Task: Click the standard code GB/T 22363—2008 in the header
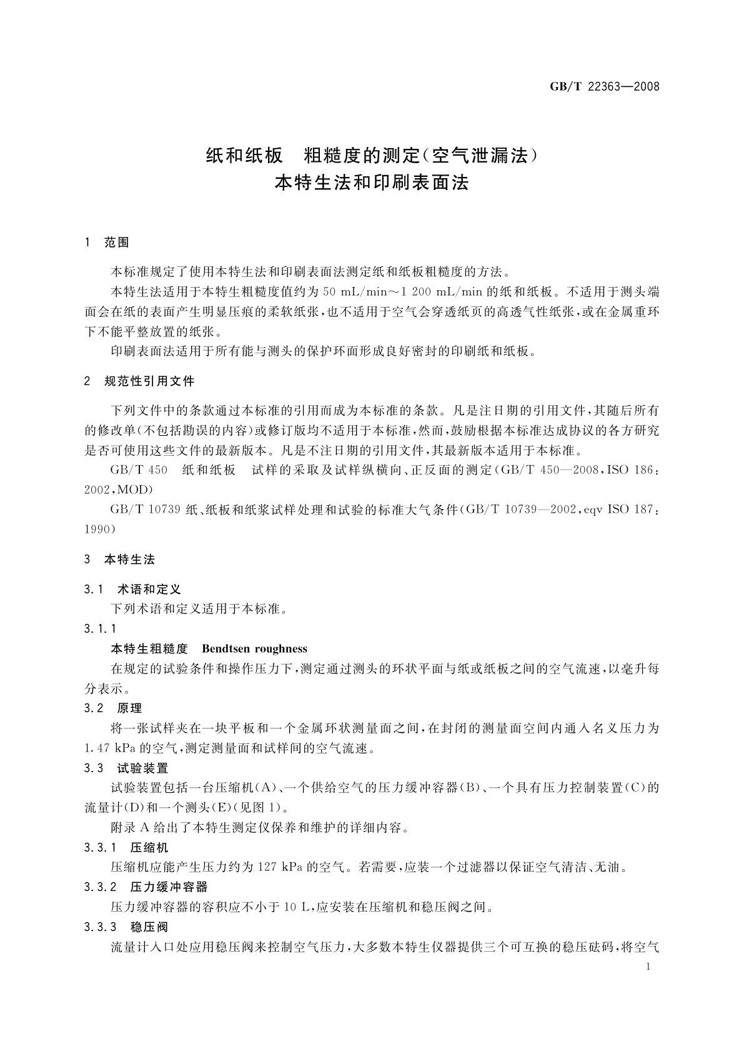[604, 86]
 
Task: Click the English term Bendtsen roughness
[254, 648]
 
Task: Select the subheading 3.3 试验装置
[126, 768]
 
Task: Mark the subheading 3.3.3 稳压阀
[126, 927]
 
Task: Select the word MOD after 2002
[134, 489]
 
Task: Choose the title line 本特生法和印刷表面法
[372, 183]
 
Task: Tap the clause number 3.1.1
[100, 628]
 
